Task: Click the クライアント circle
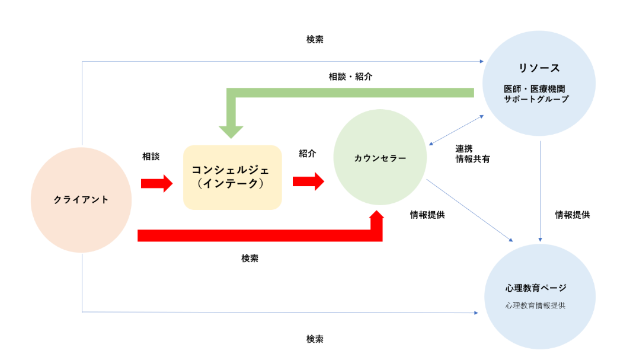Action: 81,199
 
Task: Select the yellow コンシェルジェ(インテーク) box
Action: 232,177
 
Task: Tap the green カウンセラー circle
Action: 380,158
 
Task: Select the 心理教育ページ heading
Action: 536,288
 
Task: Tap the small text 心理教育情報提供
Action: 535,305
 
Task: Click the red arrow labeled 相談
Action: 156,183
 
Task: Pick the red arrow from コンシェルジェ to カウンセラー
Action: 308,181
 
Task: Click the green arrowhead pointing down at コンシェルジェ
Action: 231,131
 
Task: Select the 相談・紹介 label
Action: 350,77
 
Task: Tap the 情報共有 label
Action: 472,159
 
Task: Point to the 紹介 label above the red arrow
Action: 308,154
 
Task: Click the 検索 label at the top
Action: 315,40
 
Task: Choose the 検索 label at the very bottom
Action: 315,339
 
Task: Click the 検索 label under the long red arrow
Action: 250,258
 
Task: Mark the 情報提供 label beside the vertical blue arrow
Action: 572,215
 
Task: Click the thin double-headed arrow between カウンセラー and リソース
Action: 456,129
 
